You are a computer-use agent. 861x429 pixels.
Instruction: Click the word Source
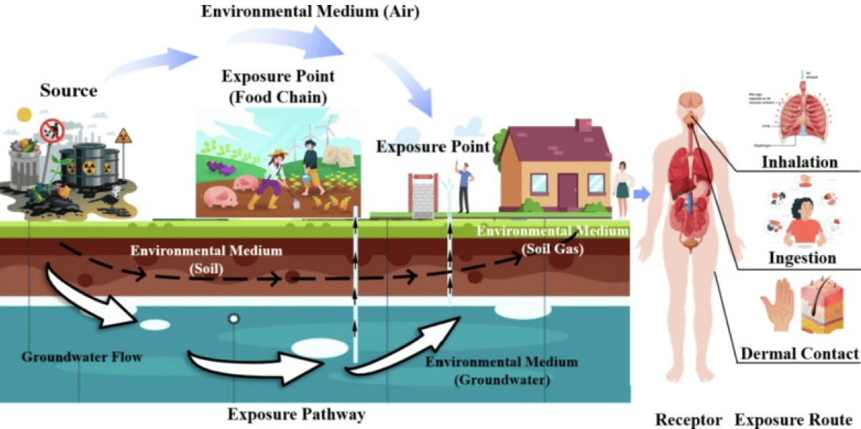[68, 90]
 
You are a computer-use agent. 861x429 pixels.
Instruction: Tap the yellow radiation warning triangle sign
[125, 136]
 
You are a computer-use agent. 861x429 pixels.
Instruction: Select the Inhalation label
[799, 162]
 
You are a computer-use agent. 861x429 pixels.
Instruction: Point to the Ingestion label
[802, 257]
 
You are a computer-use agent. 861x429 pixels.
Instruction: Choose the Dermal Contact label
[799, 353]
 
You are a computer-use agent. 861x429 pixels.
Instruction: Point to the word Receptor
[687, 419]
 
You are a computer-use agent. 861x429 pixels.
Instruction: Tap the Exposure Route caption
[794, 419]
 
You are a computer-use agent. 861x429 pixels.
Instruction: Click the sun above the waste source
[25, 114]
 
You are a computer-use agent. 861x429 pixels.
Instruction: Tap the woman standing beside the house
[621, 187]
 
